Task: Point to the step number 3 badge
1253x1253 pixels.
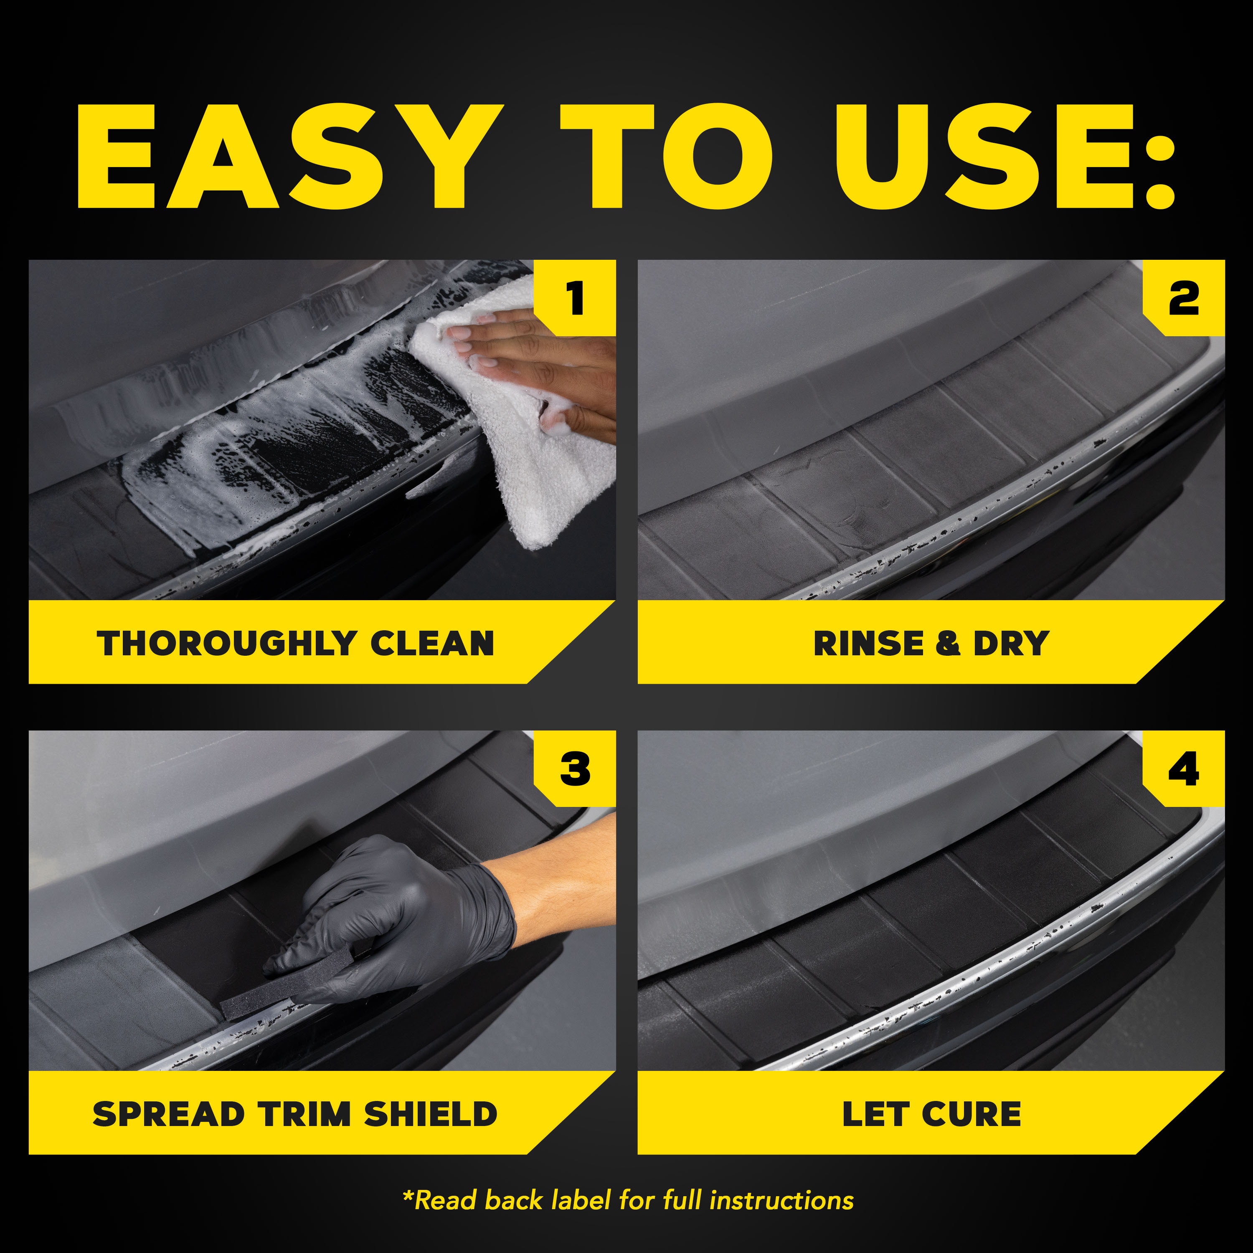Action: pyautogui.click(x=575, y=770)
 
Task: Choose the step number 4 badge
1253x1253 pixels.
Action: pyautogui.click(x=1184, y=770)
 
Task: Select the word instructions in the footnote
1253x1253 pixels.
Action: pyautogui.click(x=781, y=1200)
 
